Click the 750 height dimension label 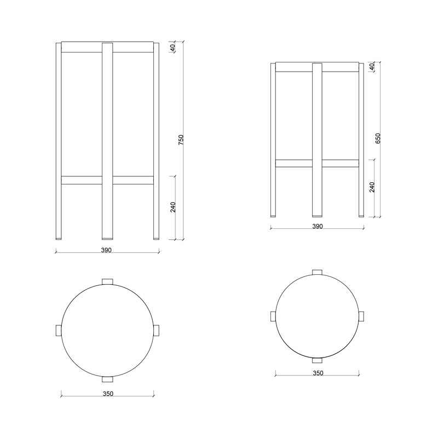pos(181,140)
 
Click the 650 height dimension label pos(378,139)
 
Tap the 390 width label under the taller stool pos(106,250)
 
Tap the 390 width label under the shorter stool pos(318,226)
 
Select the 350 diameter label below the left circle pos(108,394)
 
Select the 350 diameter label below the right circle pos(318,373)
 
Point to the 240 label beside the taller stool pos(173,208)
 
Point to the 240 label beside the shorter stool pos(372,187)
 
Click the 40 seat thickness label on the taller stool pos(172,48)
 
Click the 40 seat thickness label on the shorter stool pos(372,67)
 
